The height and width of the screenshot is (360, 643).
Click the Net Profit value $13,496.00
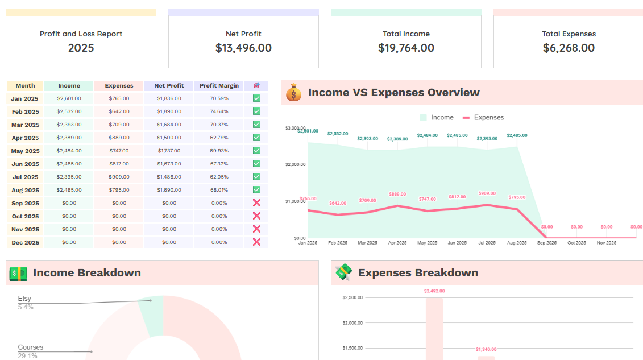(243, 48)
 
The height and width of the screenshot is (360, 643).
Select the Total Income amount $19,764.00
(406, 48)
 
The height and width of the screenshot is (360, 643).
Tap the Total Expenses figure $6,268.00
(569, 48)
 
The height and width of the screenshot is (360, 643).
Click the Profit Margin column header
(219, 86)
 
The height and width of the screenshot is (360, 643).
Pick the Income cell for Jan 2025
(69, 98)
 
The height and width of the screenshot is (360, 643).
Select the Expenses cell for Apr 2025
(119, 138)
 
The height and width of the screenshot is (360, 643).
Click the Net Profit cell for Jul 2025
(169, 177)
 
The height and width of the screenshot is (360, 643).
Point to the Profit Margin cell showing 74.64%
(219, 111)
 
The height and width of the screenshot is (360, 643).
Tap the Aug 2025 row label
(25, 191)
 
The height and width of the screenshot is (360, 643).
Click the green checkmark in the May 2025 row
(256, 151)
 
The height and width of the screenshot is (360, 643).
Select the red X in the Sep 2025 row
(256, 203)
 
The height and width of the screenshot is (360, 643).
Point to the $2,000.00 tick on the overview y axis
(295, 165)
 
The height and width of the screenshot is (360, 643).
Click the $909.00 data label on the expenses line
(487, 193)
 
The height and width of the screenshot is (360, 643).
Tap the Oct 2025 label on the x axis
(576, 243)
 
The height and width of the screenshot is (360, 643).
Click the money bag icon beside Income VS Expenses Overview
(293, 93)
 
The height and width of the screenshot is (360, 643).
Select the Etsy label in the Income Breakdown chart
(24, 299)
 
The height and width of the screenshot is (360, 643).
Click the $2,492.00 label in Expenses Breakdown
(434, 291)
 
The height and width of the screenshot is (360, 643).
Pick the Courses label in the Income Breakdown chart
(30, 347)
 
